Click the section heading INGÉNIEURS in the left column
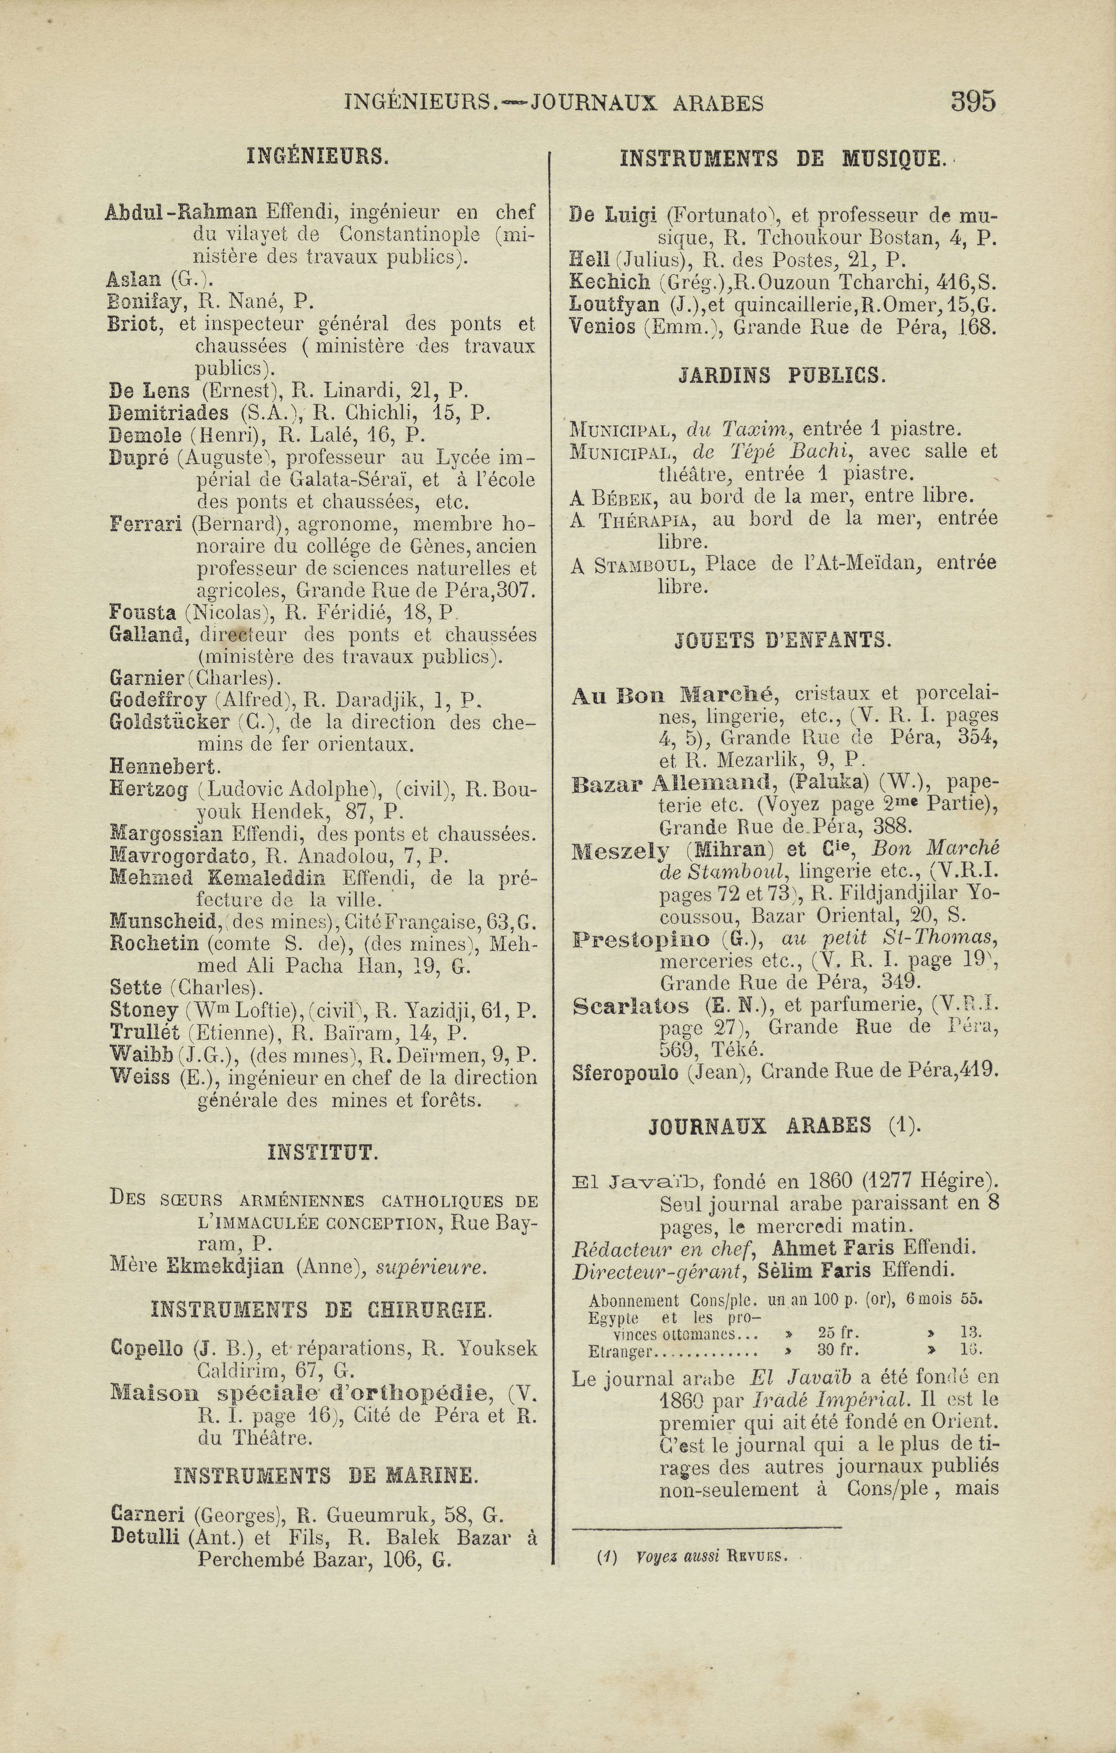tap(318, 157)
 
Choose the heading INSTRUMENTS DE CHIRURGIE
tap(321, 1310)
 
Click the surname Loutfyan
tap(614, 304)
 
